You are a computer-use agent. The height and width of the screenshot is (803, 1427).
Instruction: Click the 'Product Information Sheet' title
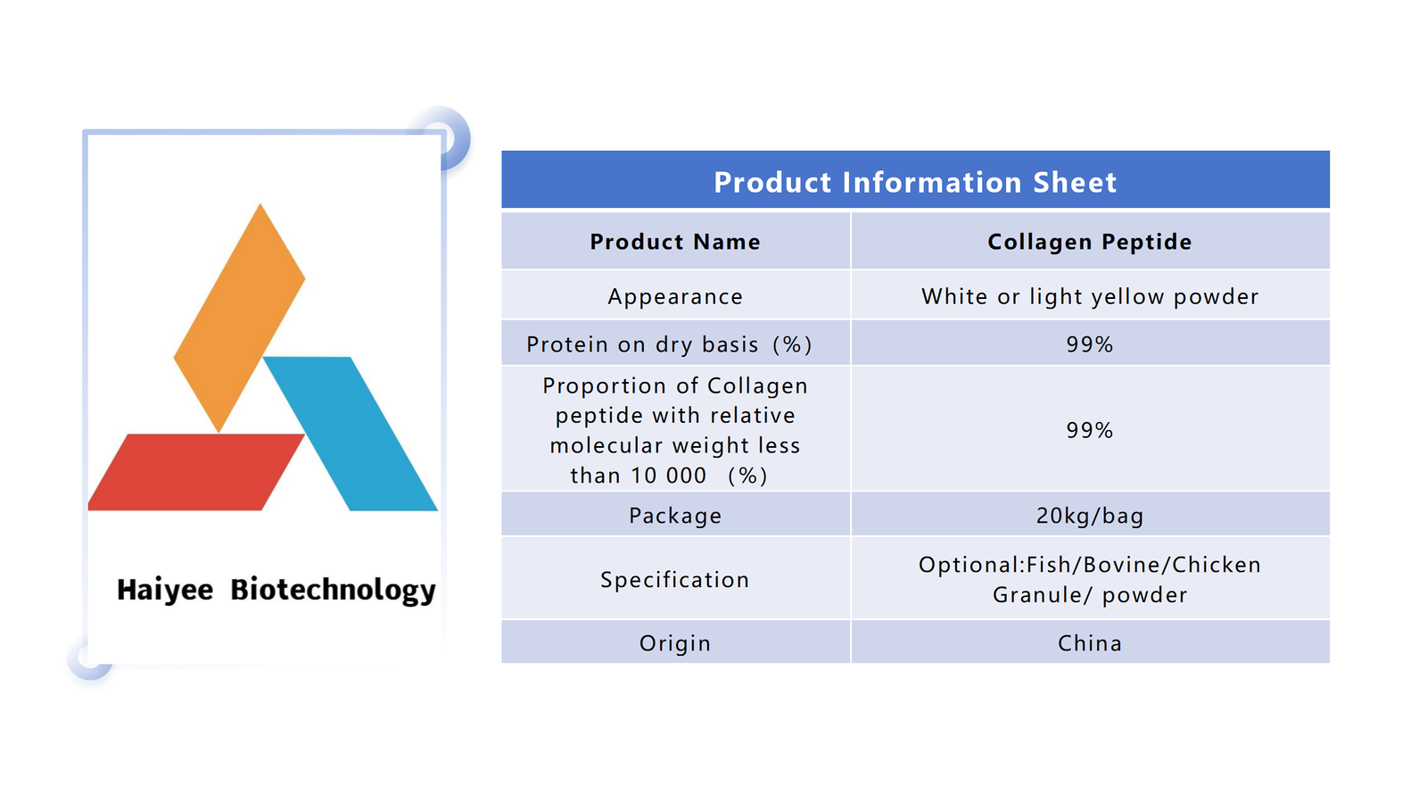[915, 182]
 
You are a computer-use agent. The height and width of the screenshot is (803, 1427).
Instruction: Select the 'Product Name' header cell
[675, 242]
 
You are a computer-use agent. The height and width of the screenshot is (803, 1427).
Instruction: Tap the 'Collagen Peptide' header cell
[1089, 242]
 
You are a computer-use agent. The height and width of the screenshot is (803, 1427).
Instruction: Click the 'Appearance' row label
[675, 297]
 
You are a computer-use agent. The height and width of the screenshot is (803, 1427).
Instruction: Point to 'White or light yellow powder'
[1090, 297]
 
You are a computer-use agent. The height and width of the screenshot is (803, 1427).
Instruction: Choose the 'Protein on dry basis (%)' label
[669, 344]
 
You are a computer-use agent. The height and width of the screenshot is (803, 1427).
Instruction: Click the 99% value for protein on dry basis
[1090, 344]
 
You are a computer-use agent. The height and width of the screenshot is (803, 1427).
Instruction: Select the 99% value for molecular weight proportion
[1090, 430]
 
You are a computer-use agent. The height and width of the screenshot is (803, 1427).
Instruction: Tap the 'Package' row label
[675, 517]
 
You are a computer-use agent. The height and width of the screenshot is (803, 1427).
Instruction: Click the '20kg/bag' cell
[1090, 516]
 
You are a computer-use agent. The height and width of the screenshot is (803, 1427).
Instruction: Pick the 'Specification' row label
[675, 580]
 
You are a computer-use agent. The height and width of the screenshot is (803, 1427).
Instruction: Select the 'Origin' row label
[675, 643]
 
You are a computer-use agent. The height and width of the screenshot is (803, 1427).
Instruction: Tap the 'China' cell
[1090, 643]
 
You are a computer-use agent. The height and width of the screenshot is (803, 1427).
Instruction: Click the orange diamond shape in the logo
[240, 318]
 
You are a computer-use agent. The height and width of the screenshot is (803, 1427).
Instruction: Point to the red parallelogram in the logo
[196, 472]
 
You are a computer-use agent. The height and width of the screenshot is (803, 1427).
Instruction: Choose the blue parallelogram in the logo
[351, 434]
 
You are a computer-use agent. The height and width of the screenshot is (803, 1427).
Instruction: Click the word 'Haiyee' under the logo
[165, 590]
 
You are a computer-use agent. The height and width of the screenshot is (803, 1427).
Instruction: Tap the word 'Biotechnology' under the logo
[333, 590]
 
